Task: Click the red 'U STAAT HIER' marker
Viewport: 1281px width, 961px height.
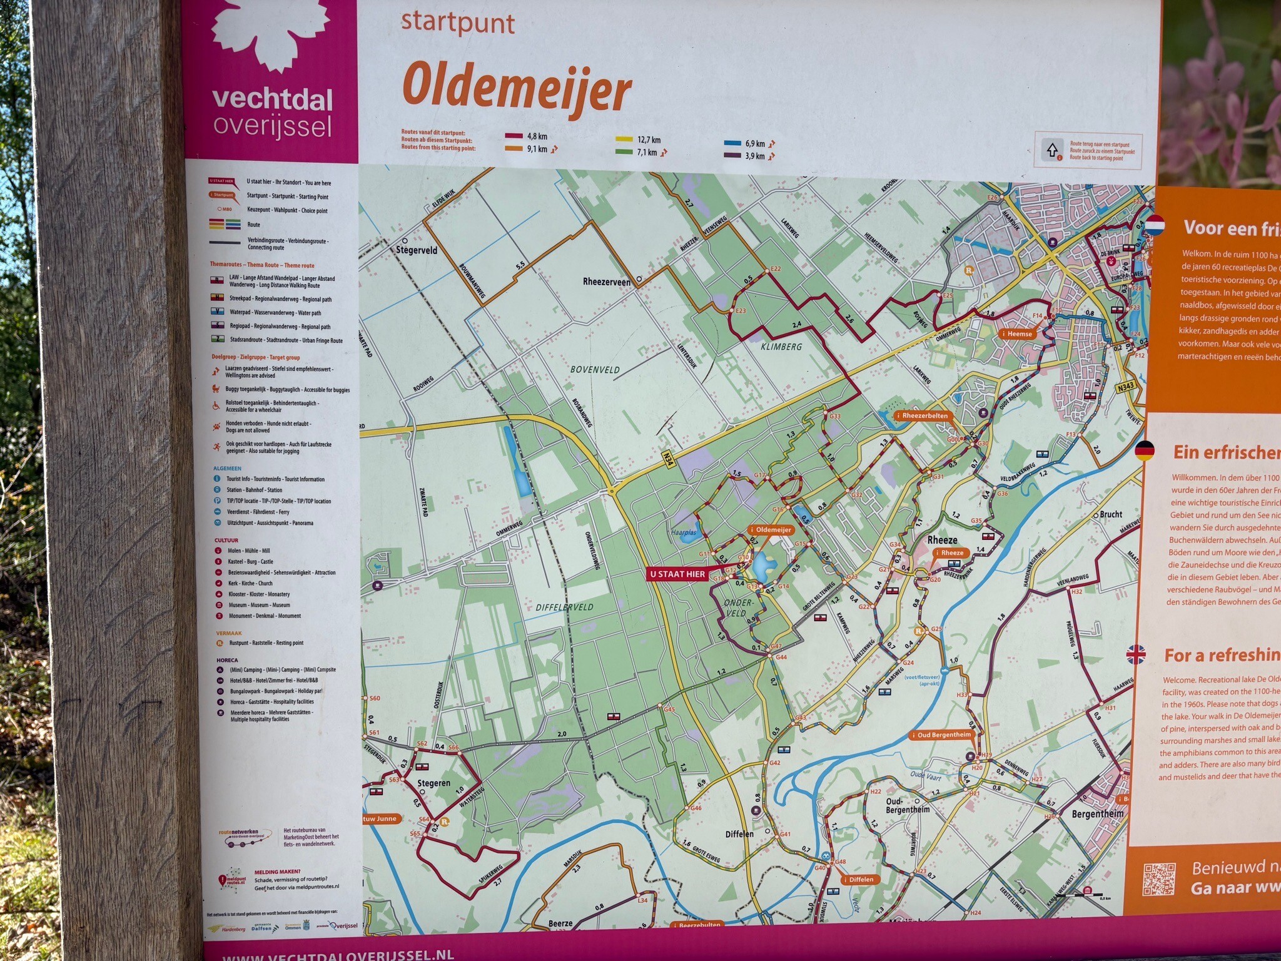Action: coord(677,574)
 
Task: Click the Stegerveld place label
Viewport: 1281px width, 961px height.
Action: coord(417,250)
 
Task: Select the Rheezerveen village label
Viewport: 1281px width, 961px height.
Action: coord(606,282)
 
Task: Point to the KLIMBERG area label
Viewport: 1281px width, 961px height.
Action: coord(781,346)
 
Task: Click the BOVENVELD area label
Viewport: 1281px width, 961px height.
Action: coord(595,370)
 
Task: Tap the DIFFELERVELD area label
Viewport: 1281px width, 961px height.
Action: coord(564,607)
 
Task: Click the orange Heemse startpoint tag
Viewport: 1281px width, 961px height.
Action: coord(1017,333)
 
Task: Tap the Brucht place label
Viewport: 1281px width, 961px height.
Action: coord(1110,514)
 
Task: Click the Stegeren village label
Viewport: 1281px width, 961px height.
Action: coord(433,783)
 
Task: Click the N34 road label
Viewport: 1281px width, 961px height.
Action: coord(668,461)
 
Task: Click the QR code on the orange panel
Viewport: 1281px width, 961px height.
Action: coord(1159,878)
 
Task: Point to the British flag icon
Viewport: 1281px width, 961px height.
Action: coord(1136,655)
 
